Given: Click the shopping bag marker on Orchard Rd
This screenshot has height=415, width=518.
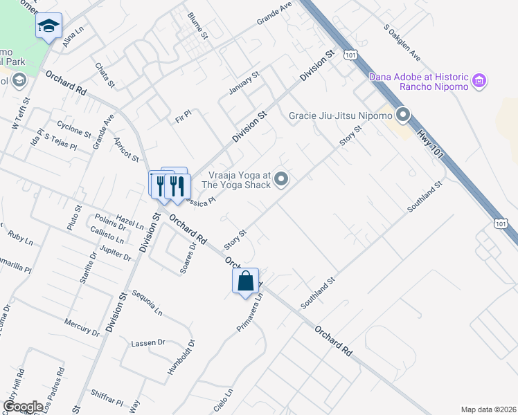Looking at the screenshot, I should click(245, 282).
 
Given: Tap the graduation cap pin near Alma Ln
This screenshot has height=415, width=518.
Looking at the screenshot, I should click(48, 27).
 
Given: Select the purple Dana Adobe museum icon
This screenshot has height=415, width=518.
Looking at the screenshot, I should click(479, 82).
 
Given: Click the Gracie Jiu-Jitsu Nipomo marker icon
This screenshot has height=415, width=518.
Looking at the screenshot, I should click(403, 115).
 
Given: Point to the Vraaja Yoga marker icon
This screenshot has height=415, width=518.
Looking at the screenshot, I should click(281, 180).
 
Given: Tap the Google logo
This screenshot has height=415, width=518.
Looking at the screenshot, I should click(24, 407).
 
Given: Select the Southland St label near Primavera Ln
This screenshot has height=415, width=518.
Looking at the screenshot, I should click(317, 293).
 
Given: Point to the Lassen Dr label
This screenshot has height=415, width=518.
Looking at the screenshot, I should click(148, 342).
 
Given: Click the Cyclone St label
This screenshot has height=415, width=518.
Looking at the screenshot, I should click(74, 129).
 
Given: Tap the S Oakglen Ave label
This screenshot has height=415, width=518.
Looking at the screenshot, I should click(402, 43).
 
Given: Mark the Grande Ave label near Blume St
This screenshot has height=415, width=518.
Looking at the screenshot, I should click(274, 14).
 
